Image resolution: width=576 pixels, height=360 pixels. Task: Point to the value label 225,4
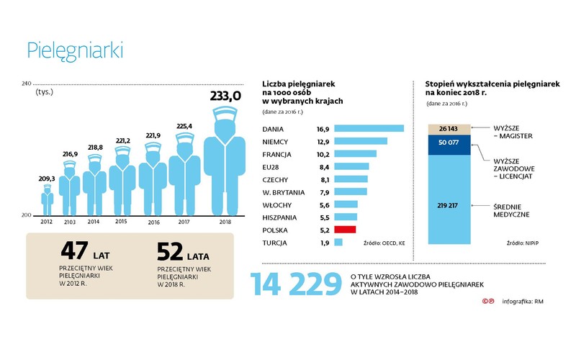click(184, 127)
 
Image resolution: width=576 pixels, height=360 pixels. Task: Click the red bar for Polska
click(346, 230)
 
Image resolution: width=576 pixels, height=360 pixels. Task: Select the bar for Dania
click(369, 128)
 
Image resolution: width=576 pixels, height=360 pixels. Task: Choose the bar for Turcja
click(338, 243)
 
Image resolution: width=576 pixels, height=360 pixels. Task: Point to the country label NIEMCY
click(278, 141)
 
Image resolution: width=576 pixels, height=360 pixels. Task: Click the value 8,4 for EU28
click(323, 166)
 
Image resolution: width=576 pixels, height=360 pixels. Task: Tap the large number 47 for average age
click(74, 252)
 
